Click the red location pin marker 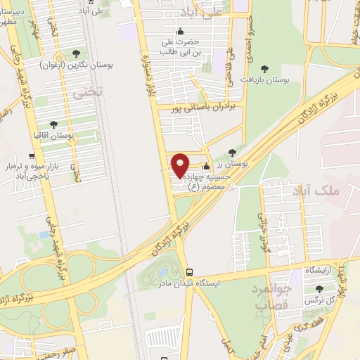tap(181, 165)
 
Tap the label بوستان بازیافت tap(264, 80)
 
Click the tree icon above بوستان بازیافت tap(264, 68)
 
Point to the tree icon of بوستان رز tap(232, 152)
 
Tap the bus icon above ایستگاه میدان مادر tap(188, 271)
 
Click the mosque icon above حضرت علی tap(181, 30)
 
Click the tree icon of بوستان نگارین tap(77, 53)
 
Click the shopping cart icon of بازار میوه tap(31, 156)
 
